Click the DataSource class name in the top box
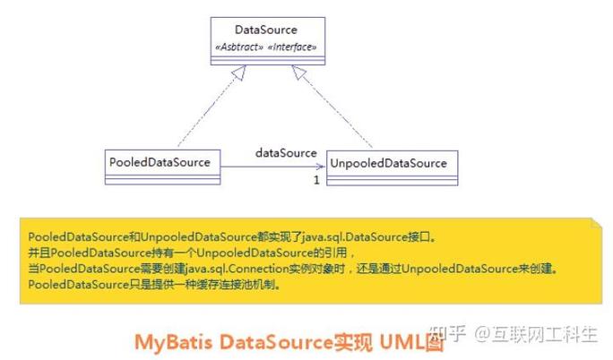point(266,30)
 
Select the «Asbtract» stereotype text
point(239,47)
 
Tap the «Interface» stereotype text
point(292,47)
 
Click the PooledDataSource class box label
point(160,162)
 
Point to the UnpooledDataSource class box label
point(389,163)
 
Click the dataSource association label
point(286,152)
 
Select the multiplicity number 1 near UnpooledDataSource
point(316,180)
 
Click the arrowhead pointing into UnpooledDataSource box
point(321,167)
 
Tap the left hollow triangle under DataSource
point(239,73)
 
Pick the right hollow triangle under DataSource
point(299,72)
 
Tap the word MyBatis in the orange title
point(174,342)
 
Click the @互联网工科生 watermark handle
point(536,335)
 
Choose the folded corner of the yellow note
point(597,223)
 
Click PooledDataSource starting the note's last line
point(79,284)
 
